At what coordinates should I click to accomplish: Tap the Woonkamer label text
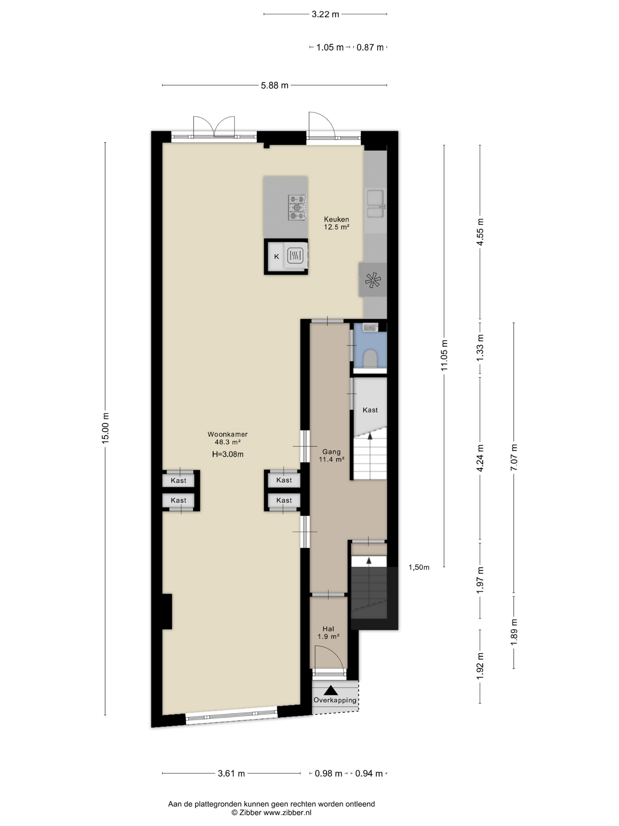point(228,434)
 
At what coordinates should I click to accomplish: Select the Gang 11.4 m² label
point(331,455)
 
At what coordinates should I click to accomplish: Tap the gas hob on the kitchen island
point(297,207)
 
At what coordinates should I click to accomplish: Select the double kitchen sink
point(375,204)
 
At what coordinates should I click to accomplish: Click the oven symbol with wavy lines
point(295,256)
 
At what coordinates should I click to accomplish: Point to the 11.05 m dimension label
point(444,355)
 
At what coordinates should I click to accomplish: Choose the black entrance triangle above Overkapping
point(331,690)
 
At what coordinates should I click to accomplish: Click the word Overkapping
point(335,700)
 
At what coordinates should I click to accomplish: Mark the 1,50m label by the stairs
point(419,568)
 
